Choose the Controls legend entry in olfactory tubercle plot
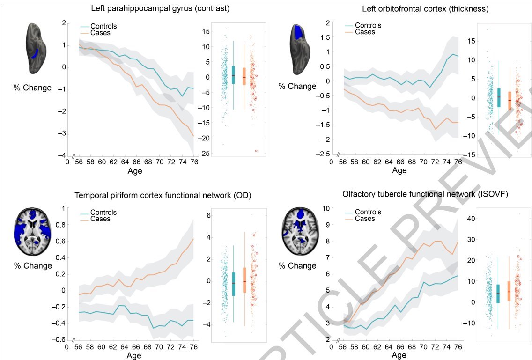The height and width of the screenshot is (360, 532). click(368, 212)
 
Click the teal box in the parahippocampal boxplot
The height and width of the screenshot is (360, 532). click(233, 74)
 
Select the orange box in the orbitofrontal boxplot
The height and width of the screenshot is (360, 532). click(510, 101)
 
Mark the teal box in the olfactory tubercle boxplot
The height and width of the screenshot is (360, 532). click(498, 294)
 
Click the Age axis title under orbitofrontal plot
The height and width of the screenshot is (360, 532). click(399, 171)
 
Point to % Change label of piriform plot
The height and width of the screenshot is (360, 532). click(32, 266)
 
